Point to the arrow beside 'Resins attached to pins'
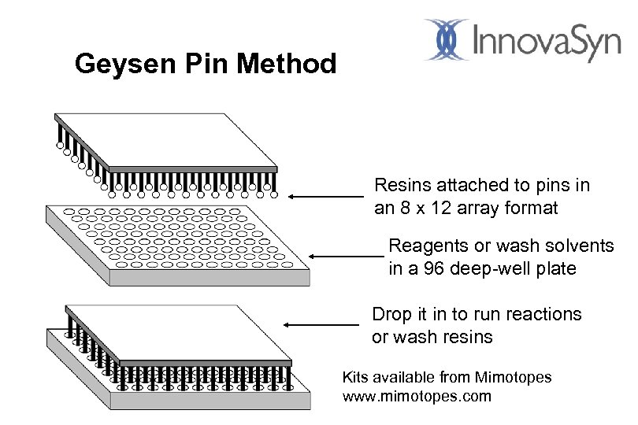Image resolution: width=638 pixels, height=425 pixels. (x=328, y=197)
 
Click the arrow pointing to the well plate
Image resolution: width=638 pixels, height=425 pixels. (x=346, y=256)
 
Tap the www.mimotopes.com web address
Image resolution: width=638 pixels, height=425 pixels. (x=417, y=397)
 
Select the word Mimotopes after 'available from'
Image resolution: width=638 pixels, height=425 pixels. (x=516, y=378)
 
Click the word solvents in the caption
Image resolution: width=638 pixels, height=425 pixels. (x=584, y=246)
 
